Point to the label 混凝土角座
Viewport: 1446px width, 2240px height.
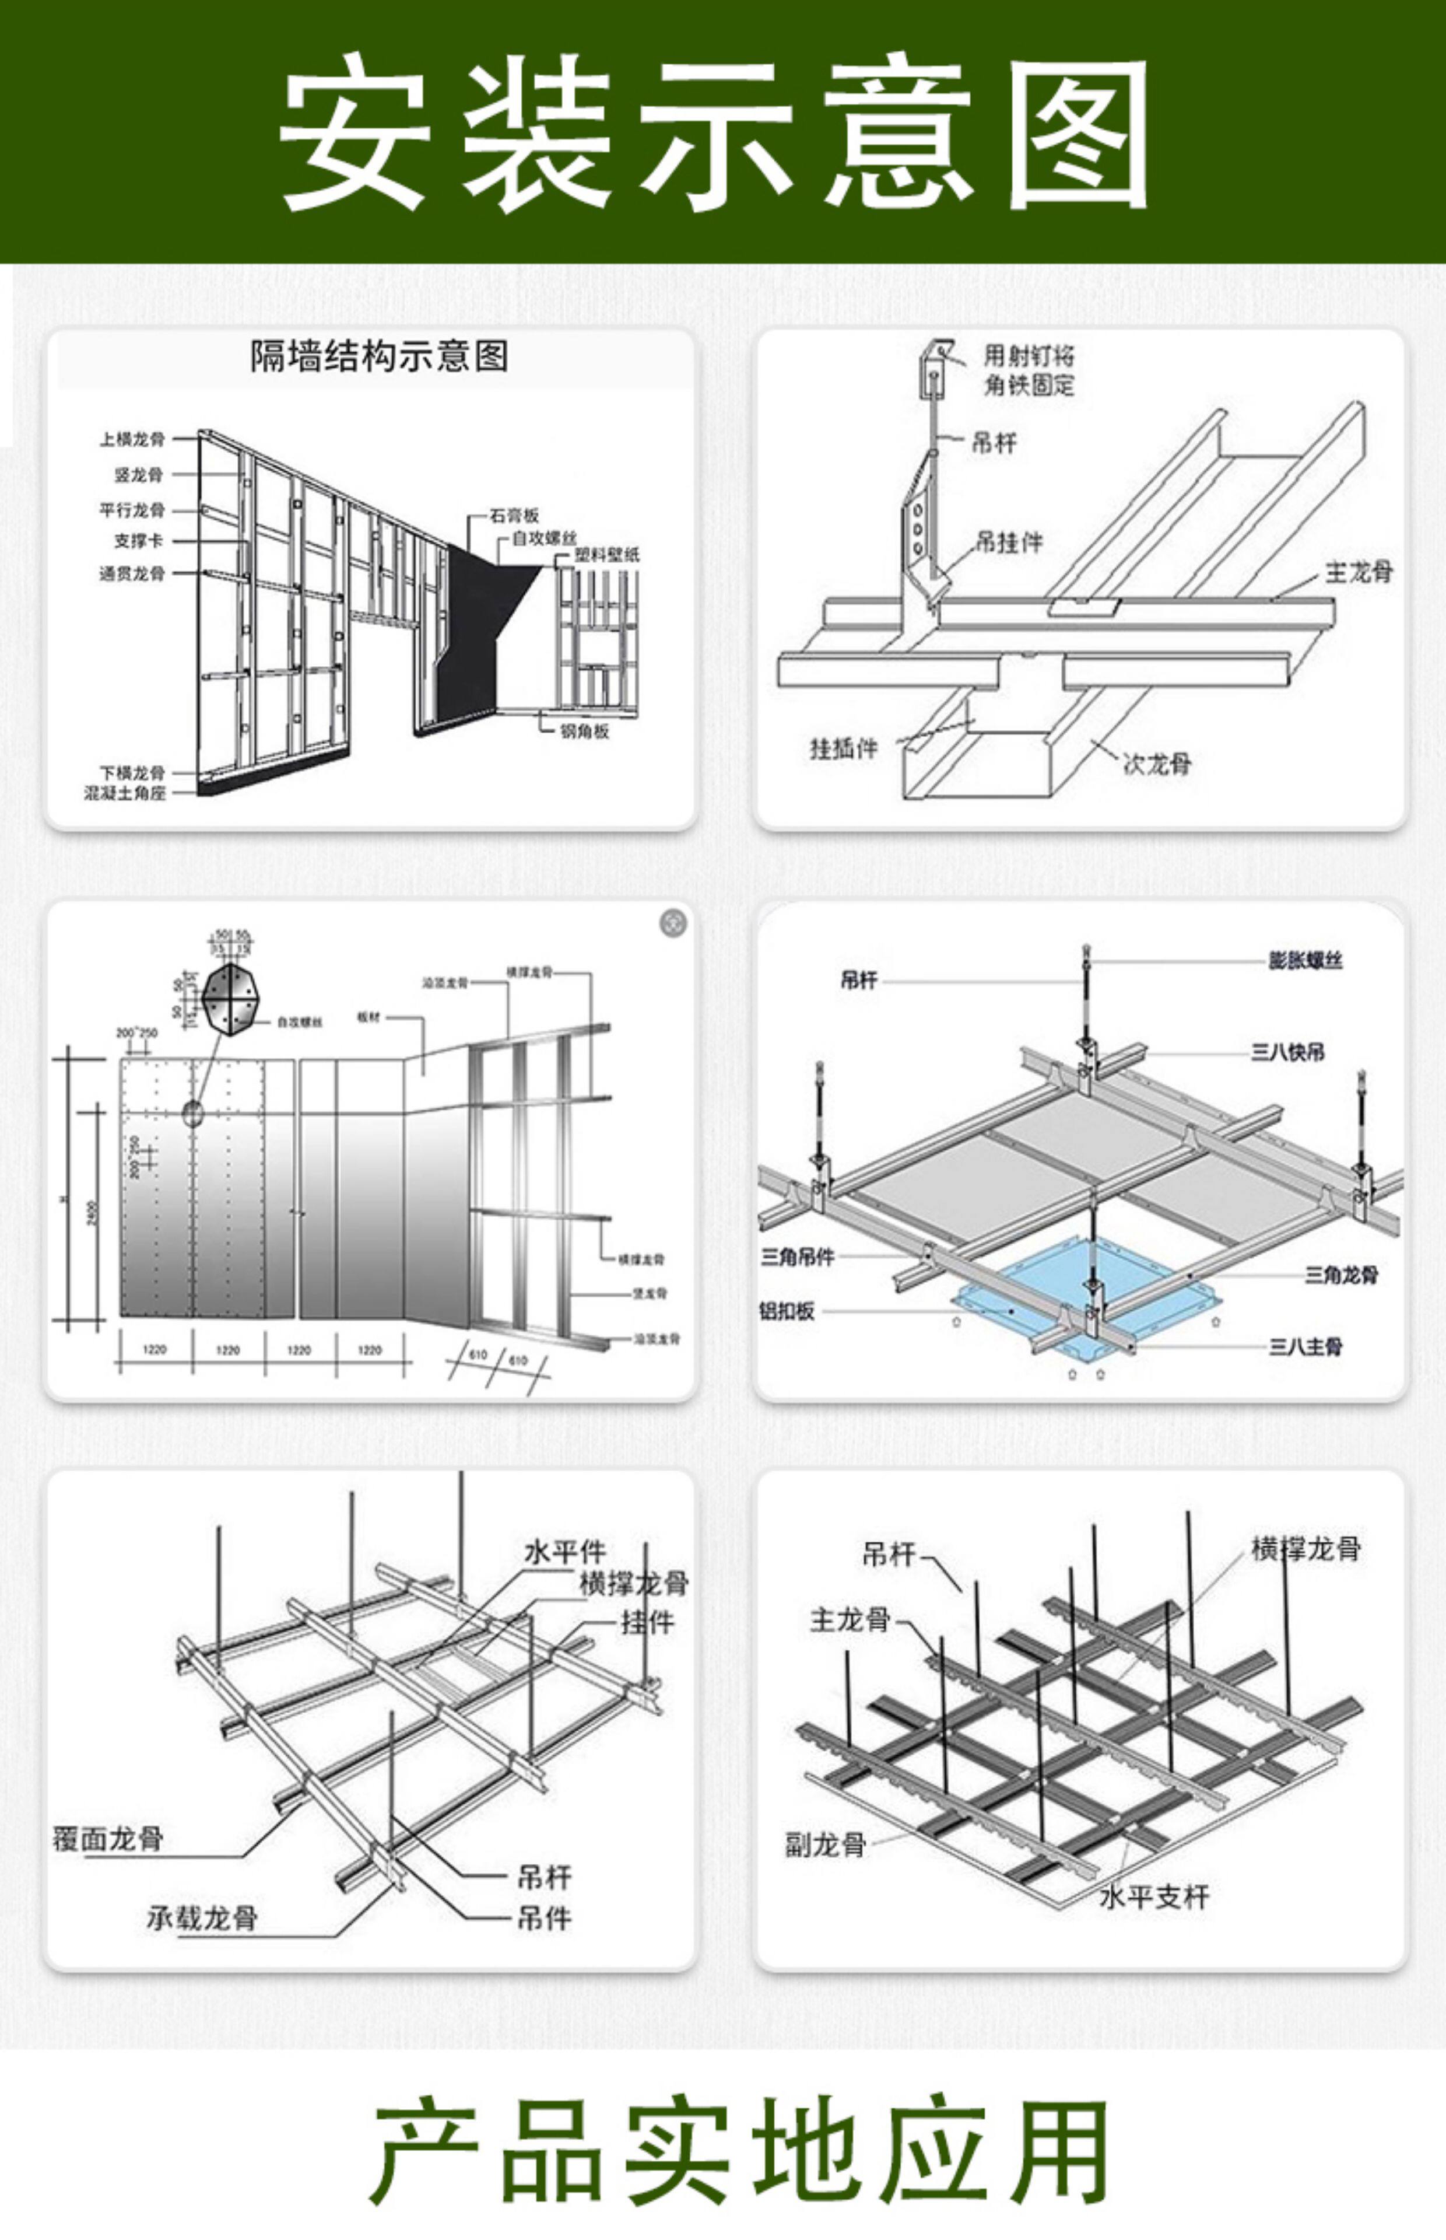coord(125,794)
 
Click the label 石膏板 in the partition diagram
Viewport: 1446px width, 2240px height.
coord(514,516)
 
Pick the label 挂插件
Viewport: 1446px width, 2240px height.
coord(843,748)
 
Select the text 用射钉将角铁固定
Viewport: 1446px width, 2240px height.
coord(1028,370)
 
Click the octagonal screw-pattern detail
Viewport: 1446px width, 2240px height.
coord(227,999)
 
